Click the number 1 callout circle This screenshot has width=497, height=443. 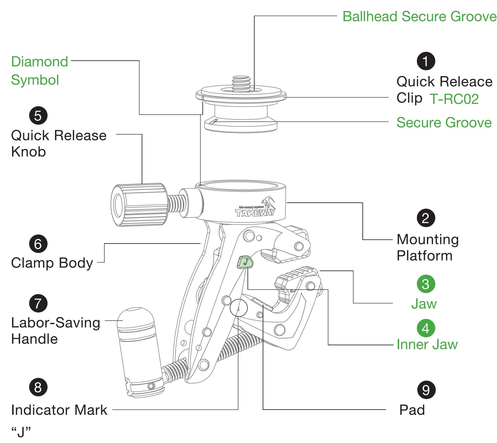click(x=426, y=61)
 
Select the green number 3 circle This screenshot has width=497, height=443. click(x=426, y=284)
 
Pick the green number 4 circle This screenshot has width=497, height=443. click(x=426, y=328)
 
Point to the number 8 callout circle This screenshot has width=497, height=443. click(x=38, y=387)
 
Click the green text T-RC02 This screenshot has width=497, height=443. click(x=454, y=99)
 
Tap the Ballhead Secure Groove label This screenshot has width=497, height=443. click(x=419, y=17)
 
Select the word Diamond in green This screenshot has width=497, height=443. click(x=40, y=62)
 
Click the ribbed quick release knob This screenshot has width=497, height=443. click(x=139, y=205)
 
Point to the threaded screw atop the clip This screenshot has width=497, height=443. click(x=241, y=83)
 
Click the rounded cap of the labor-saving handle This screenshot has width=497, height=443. click(x=136, y=318)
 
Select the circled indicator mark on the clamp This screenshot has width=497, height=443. click(x=239, y=308)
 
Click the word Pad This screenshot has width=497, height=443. click(x=412, y=410)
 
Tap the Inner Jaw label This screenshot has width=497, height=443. click(x=427, y=344)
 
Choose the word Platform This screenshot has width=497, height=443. click(x=424, y=256)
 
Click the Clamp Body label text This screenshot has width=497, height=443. click(x=52, y=263)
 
